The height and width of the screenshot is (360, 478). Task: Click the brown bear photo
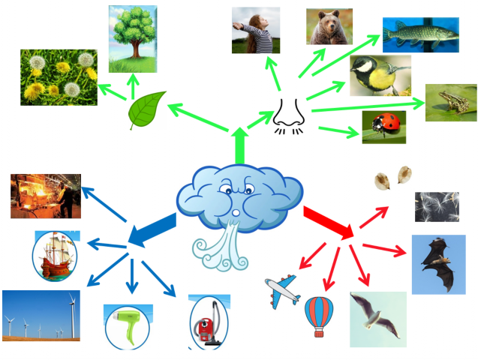[329, 27]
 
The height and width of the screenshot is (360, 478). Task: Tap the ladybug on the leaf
[384, 127]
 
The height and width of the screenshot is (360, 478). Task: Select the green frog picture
[450, 103]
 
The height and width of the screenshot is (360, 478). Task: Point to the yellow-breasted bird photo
[380, 75]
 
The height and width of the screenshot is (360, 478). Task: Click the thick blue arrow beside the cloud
[152, 230]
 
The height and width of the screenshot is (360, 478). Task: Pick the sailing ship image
[56, 255]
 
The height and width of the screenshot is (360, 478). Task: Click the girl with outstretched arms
[255, 31]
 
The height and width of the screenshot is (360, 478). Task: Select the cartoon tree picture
[133, 34]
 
